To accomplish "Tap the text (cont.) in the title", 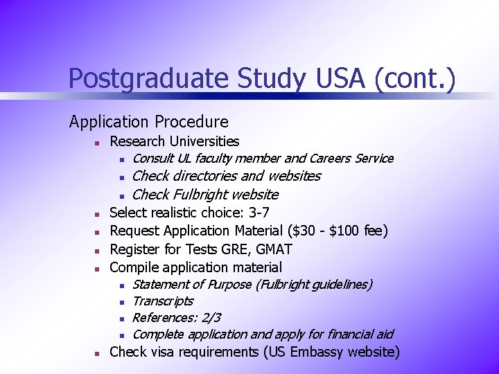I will pos(414,78).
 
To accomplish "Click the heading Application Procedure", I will pos(148,122).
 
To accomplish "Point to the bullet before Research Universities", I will pos(99,143).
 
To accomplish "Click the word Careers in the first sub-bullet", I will pos(332,159).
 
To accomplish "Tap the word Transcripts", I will pos(162,301).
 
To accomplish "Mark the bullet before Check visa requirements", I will pos(99,353).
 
